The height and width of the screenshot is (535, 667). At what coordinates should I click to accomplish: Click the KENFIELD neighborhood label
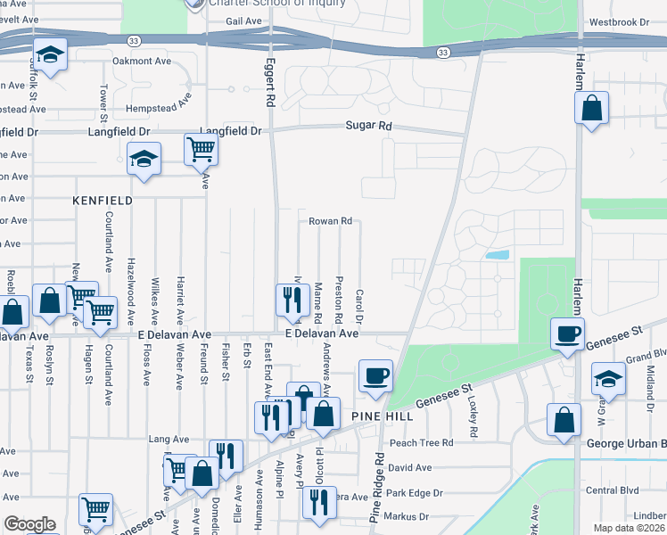(103, 201)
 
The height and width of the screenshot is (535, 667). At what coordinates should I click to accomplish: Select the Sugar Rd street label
(369, 127)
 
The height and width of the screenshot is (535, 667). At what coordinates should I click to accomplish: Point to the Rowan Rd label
(331, 221)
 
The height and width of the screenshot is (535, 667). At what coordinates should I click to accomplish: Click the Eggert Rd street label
(269, 83)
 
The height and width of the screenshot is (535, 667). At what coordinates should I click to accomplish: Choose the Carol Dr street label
(360, 306)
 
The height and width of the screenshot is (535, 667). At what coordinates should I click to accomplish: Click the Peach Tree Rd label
(421, 442)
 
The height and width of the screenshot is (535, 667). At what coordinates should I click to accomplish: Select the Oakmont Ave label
(141, 61)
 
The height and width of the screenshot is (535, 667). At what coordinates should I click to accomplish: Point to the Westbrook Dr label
(629, 21)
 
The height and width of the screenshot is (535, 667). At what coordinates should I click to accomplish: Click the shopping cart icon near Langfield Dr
(202, 150)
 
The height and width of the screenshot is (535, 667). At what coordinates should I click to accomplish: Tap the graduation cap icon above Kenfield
(144, 159)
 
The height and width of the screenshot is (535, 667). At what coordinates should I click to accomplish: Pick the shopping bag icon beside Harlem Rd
(592, 110)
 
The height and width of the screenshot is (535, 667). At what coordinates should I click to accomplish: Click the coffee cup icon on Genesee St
(567, 334)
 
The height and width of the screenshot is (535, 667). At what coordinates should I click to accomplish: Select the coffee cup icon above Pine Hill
(376, 374)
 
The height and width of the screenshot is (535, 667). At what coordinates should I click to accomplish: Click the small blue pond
(498, 255)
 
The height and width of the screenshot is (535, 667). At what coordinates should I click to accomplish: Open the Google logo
(29, 524)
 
